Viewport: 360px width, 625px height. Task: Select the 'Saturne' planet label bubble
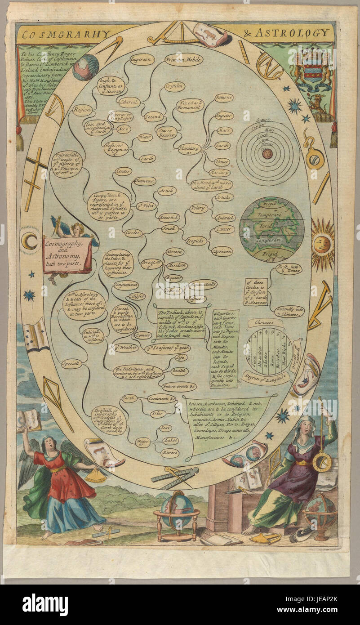tap(223, 98)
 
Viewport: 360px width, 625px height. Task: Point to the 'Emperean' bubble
tap(142, 59)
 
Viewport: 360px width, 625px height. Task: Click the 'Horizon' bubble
tap(174, 252)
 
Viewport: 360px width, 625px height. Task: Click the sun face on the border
tap(323, 244)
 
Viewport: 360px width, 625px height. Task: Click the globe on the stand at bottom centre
tap(177, 509)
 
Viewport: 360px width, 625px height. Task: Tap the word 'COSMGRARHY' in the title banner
tap(67, 33)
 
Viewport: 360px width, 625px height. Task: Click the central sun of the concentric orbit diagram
tap(267, 154)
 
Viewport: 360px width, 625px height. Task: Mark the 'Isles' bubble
tap(158, 413)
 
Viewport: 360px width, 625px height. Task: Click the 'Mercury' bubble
tap(220, 172)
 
